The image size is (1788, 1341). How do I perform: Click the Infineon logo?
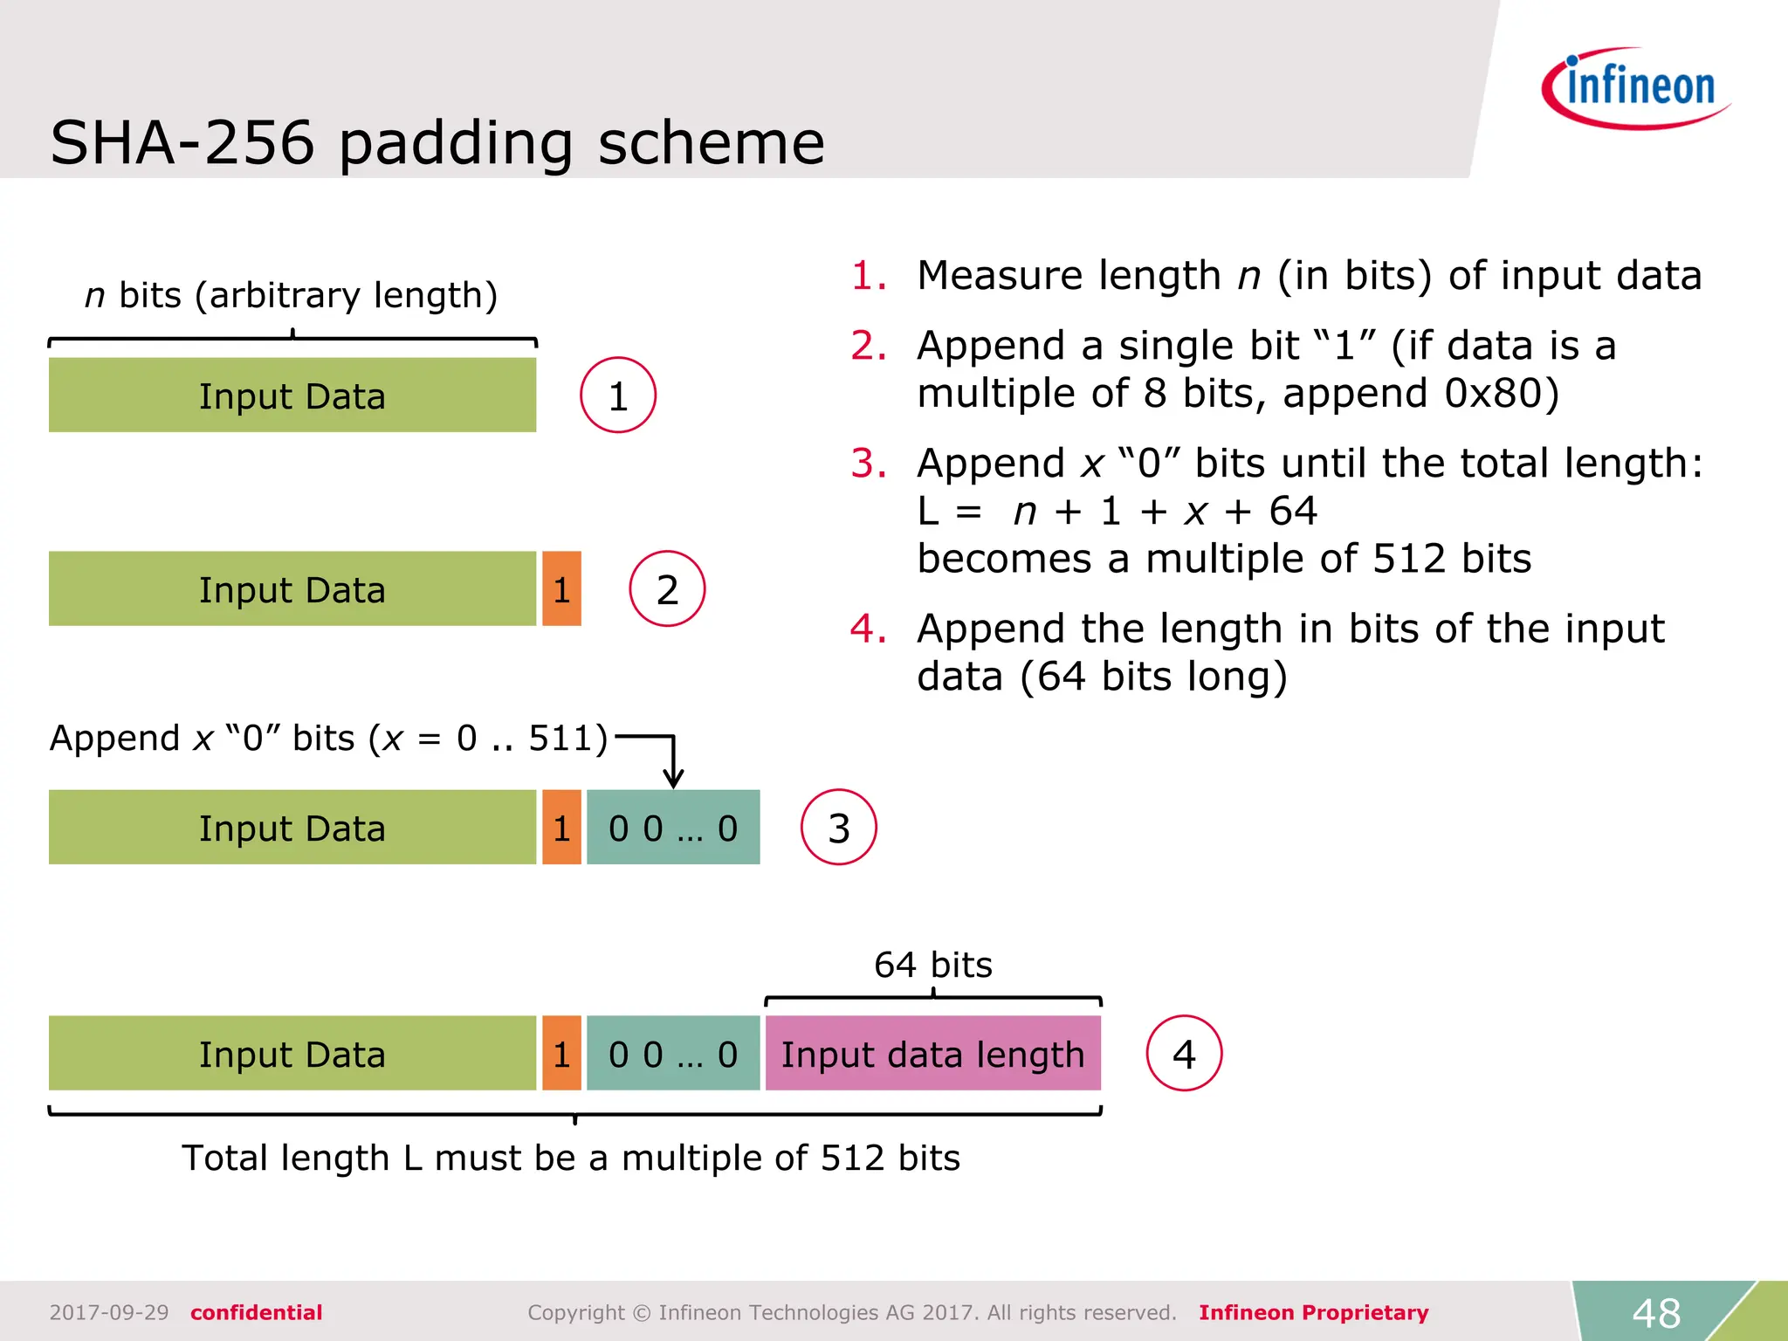pos(1636,87)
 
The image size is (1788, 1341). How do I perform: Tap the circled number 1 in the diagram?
pos(618,395)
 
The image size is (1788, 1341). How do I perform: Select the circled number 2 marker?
pos(667,589)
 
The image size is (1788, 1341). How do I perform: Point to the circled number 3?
pos(838,828)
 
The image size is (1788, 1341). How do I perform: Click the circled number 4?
pos(1184,1054)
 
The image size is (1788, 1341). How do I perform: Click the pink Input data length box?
pos(932,1054)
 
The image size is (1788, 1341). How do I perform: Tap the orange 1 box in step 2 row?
pos(561,589)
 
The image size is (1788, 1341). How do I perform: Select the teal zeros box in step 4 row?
pos(673,1054)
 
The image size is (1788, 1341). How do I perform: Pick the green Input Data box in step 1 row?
pos(292,395)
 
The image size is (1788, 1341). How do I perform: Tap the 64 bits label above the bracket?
pos(932,965)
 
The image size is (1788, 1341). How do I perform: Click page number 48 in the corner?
pos(1656,1312)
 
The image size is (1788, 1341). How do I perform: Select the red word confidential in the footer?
pos(256,1312)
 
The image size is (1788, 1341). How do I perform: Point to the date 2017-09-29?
pos(109,1312)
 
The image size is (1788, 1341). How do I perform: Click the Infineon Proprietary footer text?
pos(1313,1312)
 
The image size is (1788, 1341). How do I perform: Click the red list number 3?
pos(868,463)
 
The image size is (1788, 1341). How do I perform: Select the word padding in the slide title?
pos(456,143)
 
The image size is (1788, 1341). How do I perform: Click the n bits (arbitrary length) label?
pos(291,295)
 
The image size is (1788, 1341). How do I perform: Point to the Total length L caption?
pos(570,1158)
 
